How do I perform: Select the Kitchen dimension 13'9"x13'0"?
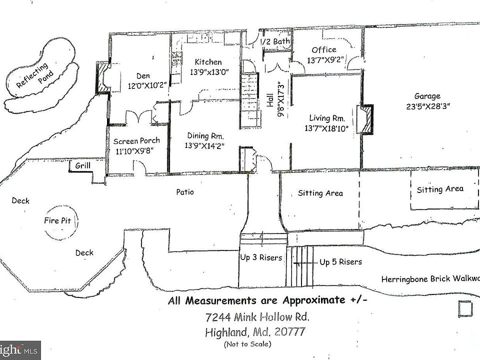[x=208, y=71]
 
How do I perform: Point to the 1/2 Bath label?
[x=275, y=41]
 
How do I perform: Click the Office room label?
[x=324, y=49]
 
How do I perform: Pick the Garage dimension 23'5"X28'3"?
[x=427, y=106]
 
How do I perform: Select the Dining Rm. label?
[x=205, y=136]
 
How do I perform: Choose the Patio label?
[x=185, y=191]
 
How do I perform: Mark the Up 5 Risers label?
[x=340, y=262]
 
